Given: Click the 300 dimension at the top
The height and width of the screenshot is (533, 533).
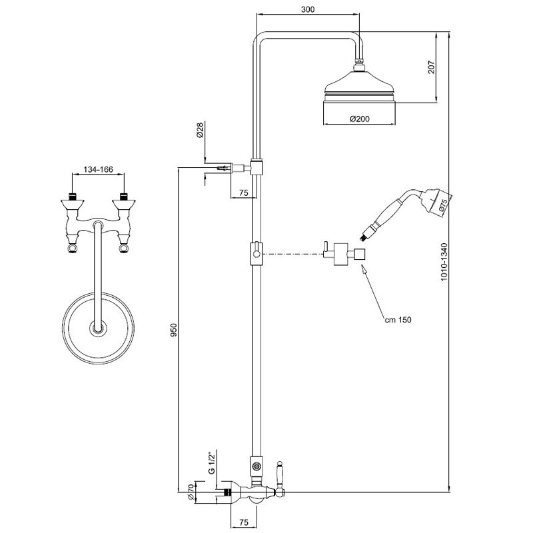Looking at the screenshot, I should [x=307, y=10].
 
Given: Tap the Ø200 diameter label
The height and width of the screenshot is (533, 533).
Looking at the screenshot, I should [x=360, y=119].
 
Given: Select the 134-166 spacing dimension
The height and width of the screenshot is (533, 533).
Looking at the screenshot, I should [x=97, y=169].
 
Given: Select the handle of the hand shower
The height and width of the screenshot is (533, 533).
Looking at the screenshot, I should [x=385, y=218].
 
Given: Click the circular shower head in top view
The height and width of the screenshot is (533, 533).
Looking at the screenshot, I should [x=99, y=326].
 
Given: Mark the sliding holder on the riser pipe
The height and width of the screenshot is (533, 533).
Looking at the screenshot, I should [x=256, y=253].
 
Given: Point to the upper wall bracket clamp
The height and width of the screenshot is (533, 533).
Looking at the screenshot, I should [x=257, y=167].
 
